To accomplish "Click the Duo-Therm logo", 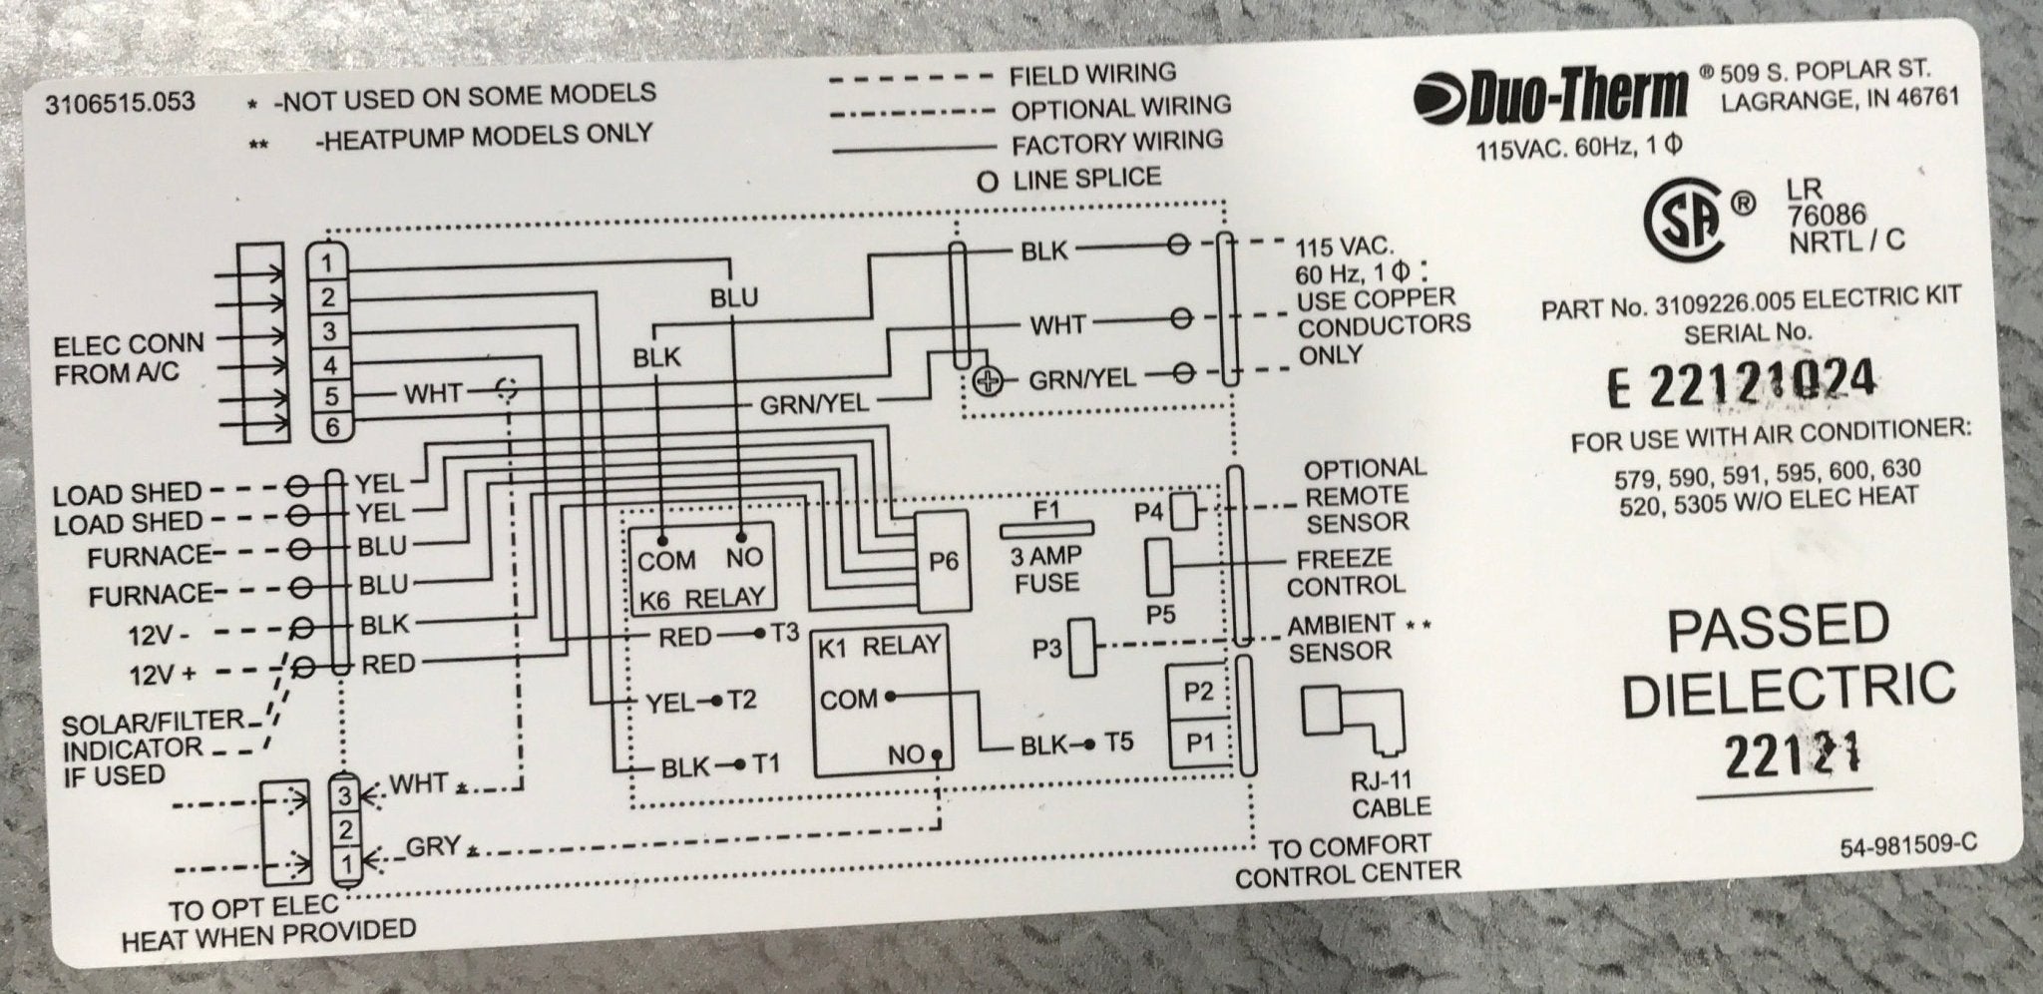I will pos(1549,95).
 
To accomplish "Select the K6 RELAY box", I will pos(701,567).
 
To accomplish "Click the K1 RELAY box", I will pos(880,702).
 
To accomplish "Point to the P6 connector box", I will pos(943,562).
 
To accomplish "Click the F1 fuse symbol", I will pos(1045,528).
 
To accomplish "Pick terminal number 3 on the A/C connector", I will pos(330,330).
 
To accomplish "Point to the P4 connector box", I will pos(1184,512).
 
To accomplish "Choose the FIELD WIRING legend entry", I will pos(1093,74).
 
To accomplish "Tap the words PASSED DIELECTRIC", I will pos(1786,659).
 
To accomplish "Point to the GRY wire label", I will pos(432,848).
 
